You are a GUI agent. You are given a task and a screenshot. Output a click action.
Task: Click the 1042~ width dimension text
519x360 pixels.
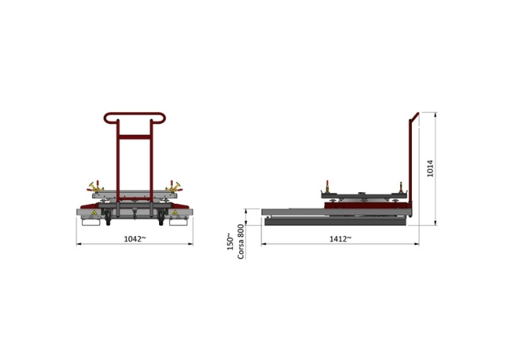[135, 239]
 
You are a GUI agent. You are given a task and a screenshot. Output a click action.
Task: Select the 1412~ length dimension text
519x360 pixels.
[340, 239]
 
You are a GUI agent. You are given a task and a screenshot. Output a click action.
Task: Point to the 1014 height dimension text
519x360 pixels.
[430, 168]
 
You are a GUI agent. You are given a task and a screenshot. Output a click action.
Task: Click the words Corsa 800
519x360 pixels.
[241, 241]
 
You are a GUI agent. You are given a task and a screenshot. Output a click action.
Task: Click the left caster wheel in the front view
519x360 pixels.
[108, 218]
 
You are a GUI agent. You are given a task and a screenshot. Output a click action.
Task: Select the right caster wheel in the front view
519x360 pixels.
[161, 218]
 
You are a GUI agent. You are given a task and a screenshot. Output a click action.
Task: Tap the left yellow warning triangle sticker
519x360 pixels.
[94, 212]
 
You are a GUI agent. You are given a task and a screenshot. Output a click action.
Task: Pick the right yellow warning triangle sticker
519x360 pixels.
[175, 212]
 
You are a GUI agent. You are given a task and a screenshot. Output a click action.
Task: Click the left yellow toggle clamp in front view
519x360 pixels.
[95, 187]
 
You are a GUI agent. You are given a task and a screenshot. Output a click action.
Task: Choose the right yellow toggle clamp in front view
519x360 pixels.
[173, 187]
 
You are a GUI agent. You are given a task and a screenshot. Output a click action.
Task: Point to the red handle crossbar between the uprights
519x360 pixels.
[135, 137]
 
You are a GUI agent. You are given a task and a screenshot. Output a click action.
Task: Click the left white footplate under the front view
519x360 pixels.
[91, 222]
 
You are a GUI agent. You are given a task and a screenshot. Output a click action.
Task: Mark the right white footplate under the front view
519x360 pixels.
[179, 222]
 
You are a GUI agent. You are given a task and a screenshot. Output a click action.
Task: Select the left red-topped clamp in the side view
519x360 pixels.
[327, 186]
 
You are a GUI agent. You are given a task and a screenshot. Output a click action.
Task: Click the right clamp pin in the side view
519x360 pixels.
[401, 187]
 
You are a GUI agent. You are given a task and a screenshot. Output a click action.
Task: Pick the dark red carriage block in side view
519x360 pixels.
[368, 204]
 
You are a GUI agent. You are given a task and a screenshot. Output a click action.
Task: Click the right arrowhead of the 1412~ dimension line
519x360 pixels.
[417, 244]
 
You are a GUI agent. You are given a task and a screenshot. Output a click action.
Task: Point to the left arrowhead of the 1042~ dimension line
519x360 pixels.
[78, 244]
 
